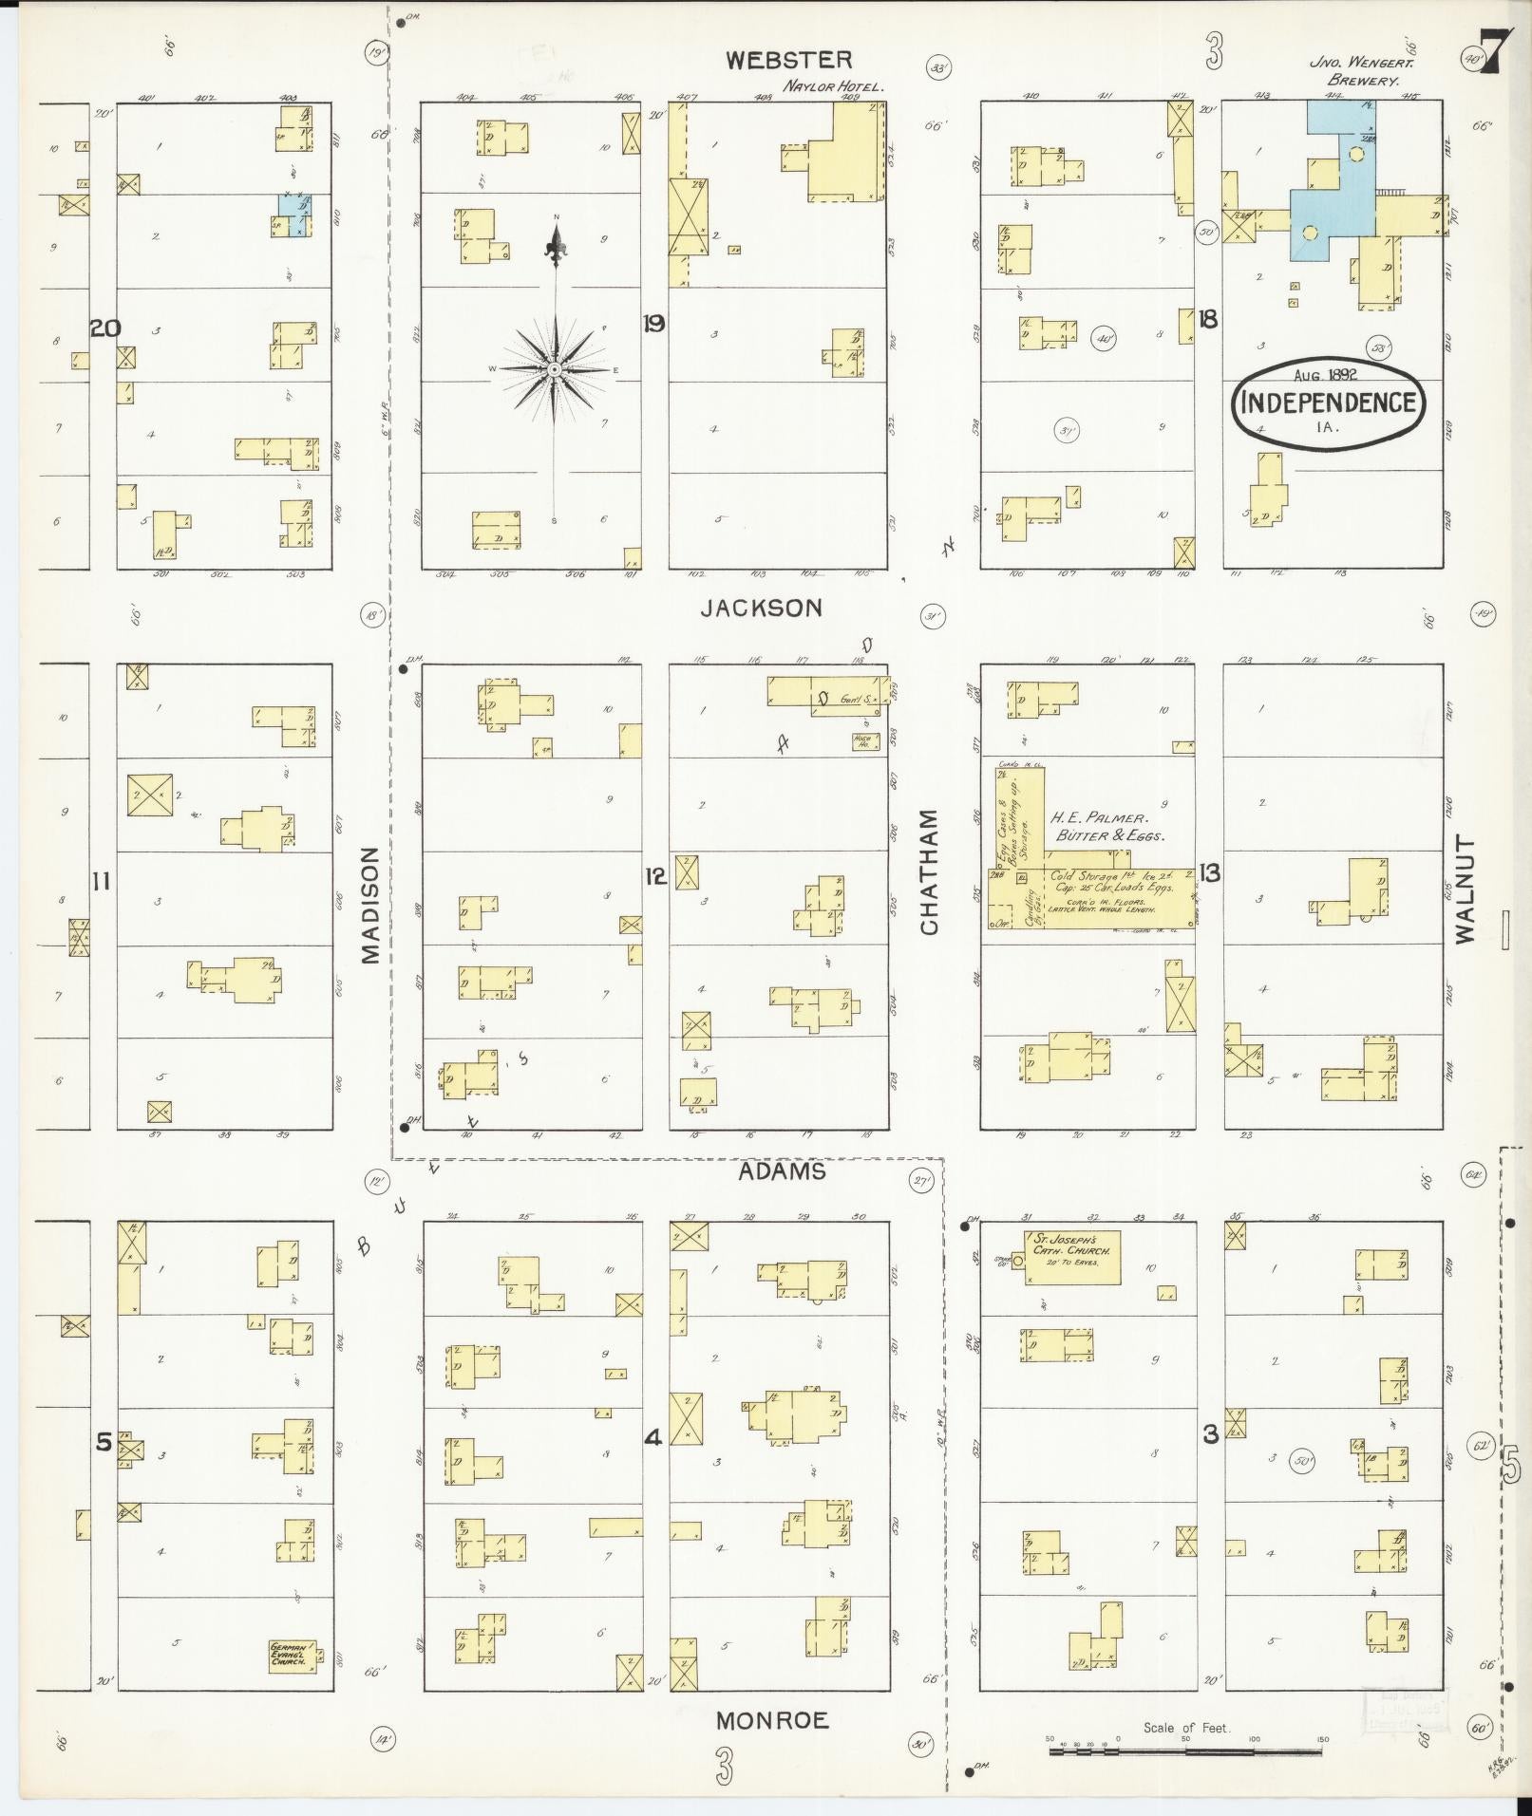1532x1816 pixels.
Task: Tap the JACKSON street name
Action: click(x=761, y=608)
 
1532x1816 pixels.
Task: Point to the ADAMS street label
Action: click(x=782, y=1171)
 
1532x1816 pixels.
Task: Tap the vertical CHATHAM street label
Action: click(x=929, y=871)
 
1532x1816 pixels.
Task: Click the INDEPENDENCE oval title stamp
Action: click(x=1328, y=403)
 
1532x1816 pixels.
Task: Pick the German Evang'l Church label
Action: click(x=287, y=1655)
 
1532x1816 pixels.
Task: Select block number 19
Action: click(x=653, y=324)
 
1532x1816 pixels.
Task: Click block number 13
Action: click(x=1210, y=873)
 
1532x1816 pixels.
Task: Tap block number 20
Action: click(x=104, y=328)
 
